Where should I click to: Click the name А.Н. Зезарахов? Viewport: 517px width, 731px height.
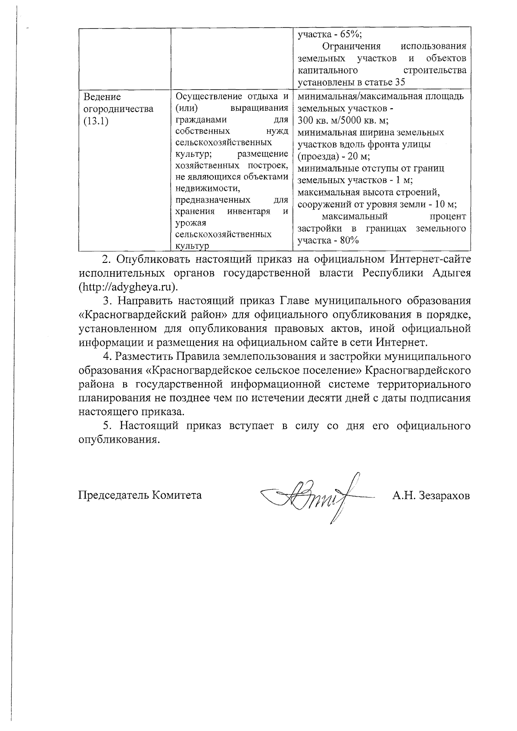[430, 495]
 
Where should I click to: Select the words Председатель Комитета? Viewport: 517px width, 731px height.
[140, 495]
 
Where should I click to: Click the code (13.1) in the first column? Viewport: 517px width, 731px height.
[96, 121]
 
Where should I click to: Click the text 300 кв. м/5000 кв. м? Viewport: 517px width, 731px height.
[343, 120]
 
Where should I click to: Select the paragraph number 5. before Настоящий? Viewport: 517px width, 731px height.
[108, 426]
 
